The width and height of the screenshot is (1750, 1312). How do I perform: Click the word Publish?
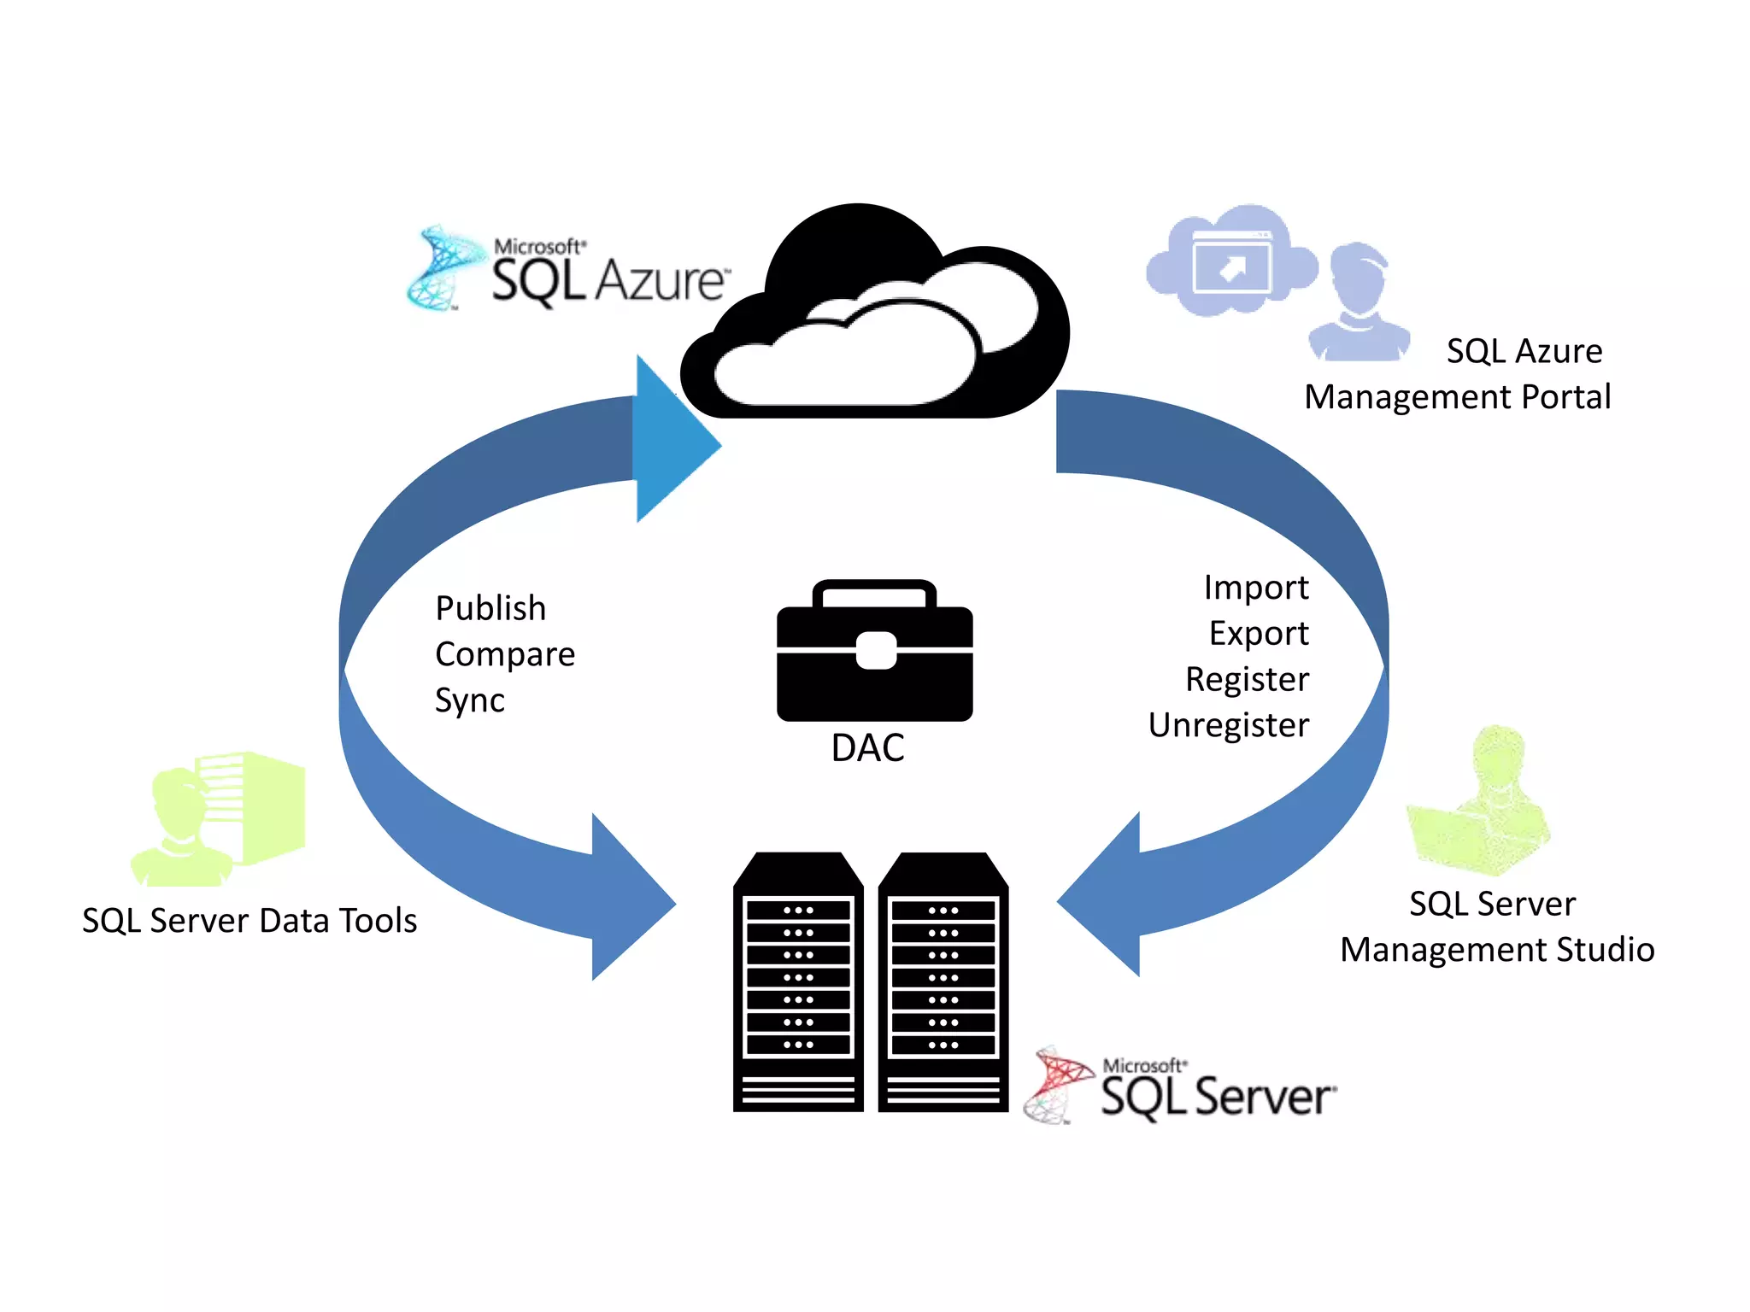tap(490, 608)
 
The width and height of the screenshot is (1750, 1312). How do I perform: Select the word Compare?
tap(504, 654)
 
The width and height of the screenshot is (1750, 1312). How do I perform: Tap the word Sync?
tap(469, 700)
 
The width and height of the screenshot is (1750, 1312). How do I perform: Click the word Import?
tap(1255, 588)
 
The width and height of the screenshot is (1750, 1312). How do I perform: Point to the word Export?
tap(1258, 634)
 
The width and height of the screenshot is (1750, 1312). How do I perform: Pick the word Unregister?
tap(1228, 725)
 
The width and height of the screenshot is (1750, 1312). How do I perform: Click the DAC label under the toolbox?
tap(867, 748)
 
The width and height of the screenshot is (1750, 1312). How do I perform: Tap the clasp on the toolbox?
tap(876, 651)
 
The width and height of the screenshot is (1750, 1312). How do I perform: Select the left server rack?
tap(798, 982)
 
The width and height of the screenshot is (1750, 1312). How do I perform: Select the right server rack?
tap(943, 982)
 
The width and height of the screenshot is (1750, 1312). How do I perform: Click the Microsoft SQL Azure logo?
tap(568, 269)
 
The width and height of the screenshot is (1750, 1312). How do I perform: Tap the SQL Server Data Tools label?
tap(250, 921)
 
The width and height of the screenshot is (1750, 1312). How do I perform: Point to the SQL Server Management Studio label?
tap(1496, 927)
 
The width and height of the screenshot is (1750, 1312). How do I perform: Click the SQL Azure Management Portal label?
tap(1458, 374)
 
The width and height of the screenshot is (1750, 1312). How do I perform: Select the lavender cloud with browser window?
tap(1230, 261)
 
